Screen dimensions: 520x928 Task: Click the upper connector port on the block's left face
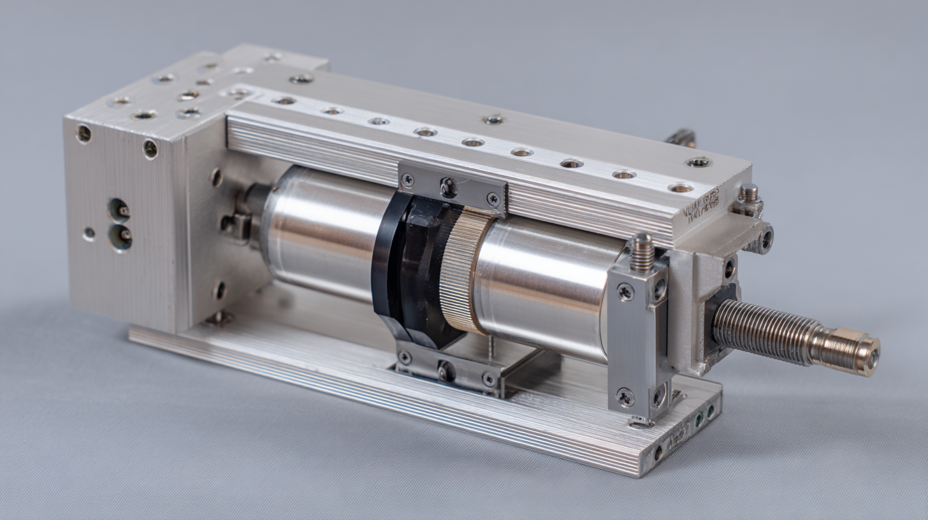[119, 210]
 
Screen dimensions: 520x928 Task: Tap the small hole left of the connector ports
[89, 234]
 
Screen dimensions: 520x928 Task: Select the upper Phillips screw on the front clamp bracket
[625, 292]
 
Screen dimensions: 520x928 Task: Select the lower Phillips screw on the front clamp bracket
[625, 396]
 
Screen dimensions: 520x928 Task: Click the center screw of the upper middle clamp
[449, 187]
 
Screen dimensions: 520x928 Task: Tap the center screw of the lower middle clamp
[446, 371]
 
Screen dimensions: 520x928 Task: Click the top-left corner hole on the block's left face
[83, 134]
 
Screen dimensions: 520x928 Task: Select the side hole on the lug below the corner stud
[765, 240]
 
